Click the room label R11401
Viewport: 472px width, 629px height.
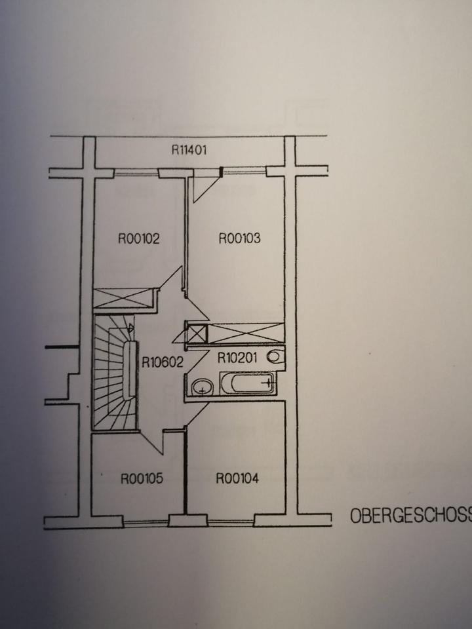tap(189, 149)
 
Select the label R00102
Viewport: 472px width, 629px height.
tap(139, 238)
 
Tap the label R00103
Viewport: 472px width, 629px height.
tap(239, 238)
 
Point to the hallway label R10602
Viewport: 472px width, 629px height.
tap(161, 359)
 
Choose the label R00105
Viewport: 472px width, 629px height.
tap(142, 479)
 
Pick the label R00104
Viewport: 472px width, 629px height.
tap(237, 479)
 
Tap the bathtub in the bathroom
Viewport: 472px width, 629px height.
tap(248, 383)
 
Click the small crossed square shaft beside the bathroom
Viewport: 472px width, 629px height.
tap(197, 334)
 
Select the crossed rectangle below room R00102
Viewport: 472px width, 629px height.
tap(123, 298)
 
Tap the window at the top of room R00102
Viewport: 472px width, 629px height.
tap(136, 173)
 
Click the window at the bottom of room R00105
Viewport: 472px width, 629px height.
tap(146, 522)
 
